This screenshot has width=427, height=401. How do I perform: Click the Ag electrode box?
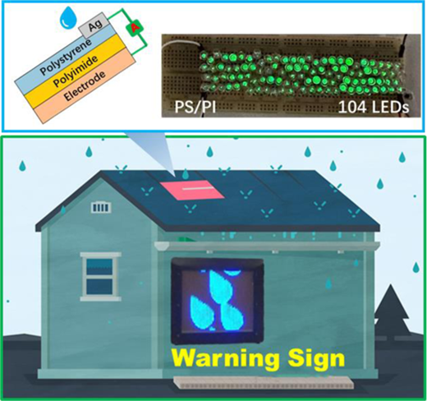tap(94, 25)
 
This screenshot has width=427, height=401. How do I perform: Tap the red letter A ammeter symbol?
tap(134, 28)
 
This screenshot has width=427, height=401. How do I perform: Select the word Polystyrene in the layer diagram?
tap(66, 57)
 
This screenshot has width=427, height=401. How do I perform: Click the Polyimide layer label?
tap(76, 71)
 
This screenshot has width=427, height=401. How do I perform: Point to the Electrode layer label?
tap(85, 85)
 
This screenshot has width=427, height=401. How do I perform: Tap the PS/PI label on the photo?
tap(195, 107)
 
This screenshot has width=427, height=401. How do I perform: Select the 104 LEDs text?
tap(374, 107)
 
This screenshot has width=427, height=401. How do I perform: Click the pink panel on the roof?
tap(192, 190)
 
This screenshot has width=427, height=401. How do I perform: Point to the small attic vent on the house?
tap(101, 207)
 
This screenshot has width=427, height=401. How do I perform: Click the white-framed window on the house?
tap(100, 277)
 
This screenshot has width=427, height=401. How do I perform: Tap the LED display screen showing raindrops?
tap(217, 301)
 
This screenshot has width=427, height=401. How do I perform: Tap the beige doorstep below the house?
tap(264, 382)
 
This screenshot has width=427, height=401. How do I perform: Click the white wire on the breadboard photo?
tap(179, 45)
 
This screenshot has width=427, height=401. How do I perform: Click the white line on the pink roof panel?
tap(197, 188)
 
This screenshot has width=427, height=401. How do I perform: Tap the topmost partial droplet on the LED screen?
tap(232, 272)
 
